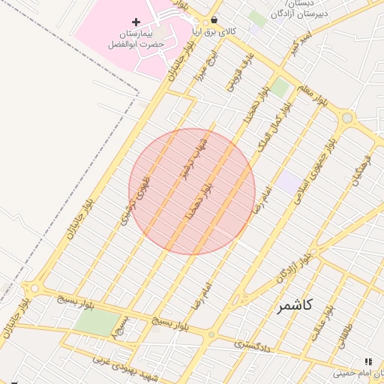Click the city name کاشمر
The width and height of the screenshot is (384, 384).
pos(294,305)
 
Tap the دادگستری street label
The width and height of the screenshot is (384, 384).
pos(252,346)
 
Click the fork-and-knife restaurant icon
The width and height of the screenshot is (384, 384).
pos(368,361)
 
